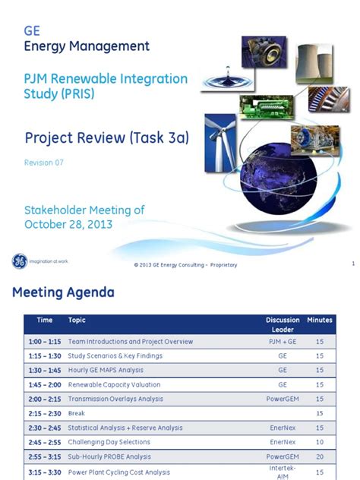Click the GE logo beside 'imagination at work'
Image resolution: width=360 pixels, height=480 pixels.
(x=18, y=261)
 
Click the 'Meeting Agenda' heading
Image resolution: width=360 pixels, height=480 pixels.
(x=63, y=292)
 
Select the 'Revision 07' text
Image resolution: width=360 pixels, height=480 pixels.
(x=43, y=163)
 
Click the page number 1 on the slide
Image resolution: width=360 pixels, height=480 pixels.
(x=353, y=264)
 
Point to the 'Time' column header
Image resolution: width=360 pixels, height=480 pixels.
(x=45, y=321)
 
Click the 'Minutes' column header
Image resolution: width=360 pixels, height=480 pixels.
(x=319, y=321)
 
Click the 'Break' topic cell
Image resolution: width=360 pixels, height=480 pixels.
(x=77, y=413)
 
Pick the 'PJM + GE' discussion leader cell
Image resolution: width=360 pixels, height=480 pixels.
(x=282, y=342)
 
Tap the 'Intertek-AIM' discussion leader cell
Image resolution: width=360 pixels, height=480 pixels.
(x=282, y=472)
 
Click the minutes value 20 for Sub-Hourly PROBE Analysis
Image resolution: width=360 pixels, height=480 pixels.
(x=319, y=457)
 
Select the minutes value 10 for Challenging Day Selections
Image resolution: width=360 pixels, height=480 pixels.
(x=319, y=442)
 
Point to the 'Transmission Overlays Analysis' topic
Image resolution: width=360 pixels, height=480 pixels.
(x=115, y=399)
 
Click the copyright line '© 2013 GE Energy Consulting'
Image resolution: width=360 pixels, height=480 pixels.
(x=185, y=264)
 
